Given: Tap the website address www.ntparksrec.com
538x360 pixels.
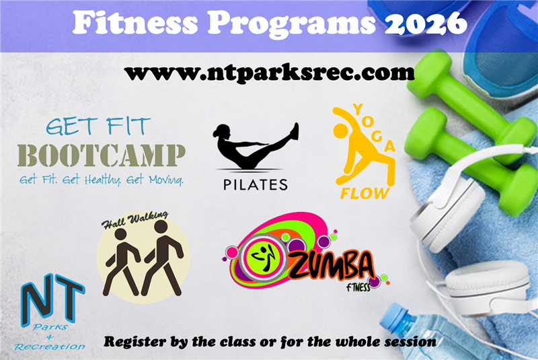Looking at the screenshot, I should [x=269, y=72].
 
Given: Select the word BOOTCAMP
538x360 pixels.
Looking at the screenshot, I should [x=101, y=155].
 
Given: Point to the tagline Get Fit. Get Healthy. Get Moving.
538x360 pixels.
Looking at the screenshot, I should [x=101, y=180].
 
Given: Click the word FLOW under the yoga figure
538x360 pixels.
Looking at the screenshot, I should [x=364, y=194].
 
